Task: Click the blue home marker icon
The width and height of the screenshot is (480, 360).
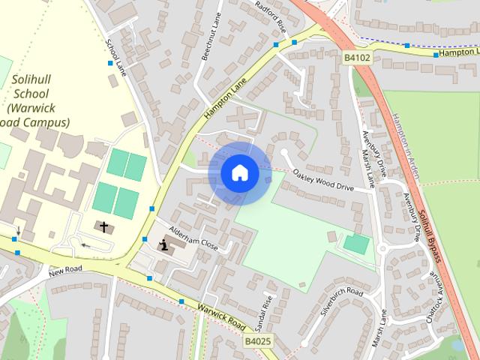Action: [x=239, y=173]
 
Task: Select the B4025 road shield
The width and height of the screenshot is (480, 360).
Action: [x=258, y=341]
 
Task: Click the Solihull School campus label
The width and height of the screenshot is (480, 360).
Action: [x=34, y=100]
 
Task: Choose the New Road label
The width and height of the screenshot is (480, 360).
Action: [x=65, y=271]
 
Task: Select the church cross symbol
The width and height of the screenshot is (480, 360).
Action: [x=103, y=225]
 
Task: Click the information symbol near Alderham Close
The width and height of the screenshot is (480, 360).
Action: [x=164, y=244]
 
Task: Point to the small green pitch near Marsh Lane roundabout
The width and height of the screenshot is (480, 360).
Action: [x=356, y=244]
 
